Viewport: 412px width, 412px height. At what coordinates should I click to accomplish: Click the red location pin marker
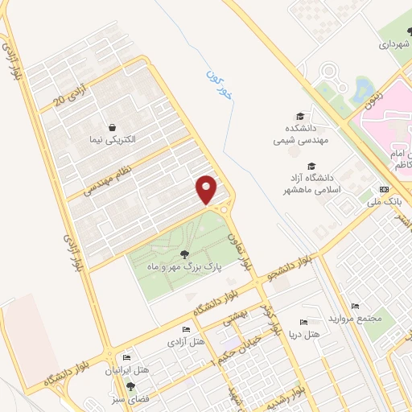tap(208, 190)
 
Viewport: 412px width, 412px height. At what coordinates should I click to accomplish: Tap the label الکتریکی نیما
tap(113, 139)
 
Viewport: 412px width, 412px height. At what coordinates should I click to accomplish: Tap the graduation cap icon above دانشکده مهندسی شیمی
tap(300, 116)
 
